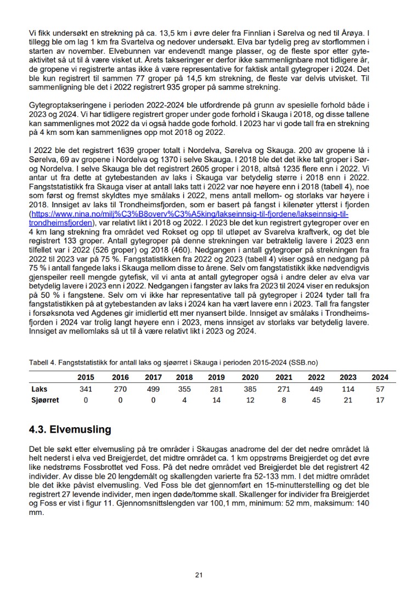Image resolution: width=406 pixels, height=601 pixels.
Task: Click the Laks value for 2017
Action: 153,389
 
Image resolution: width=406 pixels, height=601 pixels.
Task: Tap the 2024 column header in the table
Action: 380,377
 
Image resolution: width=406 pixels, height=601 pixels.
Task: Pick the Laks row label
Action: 38,389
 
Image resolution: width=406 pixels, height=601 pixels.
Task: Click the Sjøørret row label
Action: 44,400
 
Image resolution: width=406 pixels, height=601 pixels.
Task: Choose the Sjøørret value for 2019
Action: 217,400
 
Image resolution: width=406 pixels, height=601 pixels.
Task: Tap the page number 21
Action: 199,575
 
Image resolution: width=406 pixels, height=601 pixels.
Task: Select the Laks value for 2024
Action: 380,389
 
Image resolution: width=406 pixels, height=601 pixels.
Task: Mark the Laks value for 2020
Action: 250,389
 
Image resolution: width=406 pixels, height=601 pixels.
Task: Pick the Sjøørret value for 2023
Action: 347,400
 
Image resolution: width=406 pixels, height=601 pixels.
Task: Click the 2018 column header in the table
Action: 185,377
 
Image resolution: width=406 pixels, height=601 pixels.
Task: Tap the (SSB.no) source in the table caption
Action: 305,362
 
